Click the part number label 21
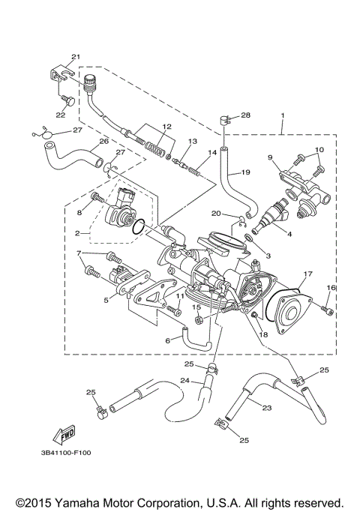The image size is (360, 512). (75, 57)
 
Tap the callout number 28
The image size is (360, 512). (245, 115)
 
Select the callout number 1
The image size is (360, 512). (282, 116)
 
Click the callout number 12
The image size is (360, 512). (166, 126)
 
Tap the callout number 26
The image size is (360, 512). (104, 140)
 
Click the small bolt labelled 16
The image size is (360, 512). (326, 307)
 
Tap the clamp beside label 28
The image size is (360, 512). (223, 118)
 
